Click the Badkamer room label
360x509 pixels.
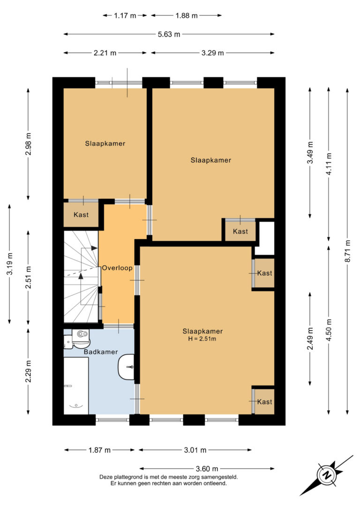[x=101, y=352]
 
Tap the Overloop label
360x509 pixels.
[x=117, y=268]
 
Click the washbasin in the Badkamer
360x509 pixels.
[x=126, y=367]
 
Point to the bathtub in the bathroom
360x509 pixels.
[x=76, y=386]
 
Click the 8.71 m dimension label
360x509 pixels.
[x=348, y=251]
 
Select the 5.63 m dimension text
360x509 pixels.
[x=169, y=34]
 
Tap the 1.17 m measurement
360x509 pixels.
[x=125, y=15]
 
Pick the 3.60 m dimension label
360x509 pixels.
[x=207, y=468]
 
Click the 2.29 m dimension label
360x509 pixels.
[x=29, y=371]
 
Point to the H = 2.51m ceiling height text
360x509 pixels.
[x=202, y=339]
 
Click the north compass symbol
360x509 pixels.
[x=326, y=475]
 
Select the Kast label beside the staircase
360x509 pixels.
[x=81, y=215]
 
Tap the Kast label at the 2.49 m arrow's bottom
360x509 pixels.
[x=264, y=402]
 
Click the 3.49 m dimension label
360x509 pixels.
[x=310, y=153]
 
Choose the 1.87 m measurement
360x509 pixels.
[x=99, y=450]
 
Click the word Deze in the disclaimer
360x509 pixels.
[x=106, y=477]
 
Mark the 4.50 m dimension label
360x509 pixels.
[x=329, y=330]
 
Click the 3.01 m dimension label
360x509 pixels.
[x=195, y=450]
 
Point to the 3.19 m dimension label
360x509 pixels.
[x=10, y=263]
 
